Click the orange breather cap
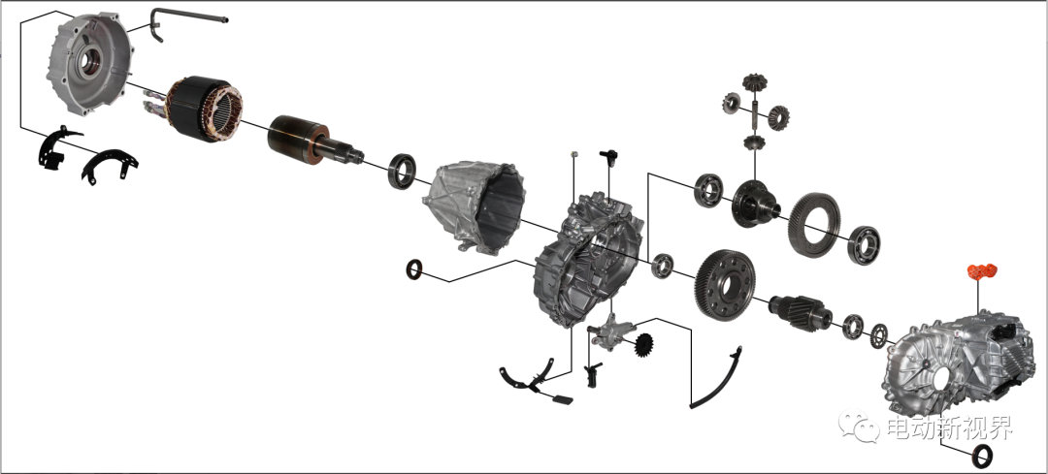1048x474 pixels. click(982, 272)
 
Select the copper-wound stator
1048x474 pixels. click(203, 109)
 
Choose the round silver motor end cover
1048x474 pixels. click(89, 64)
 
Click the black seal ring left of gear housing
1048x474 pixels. click(414, 269)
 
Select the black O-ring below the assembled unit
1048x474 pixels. click(982, 456)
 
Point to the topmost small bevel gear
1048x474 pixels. click(755, 82)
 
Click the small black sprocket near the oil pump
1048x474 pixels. click(643, 345)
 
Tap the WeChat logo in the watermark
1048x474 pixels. click(859, 426)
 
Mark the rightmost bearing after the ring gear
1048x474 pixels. click(864, 245)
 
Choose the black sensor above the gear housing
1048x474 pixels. click(608, 158)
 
